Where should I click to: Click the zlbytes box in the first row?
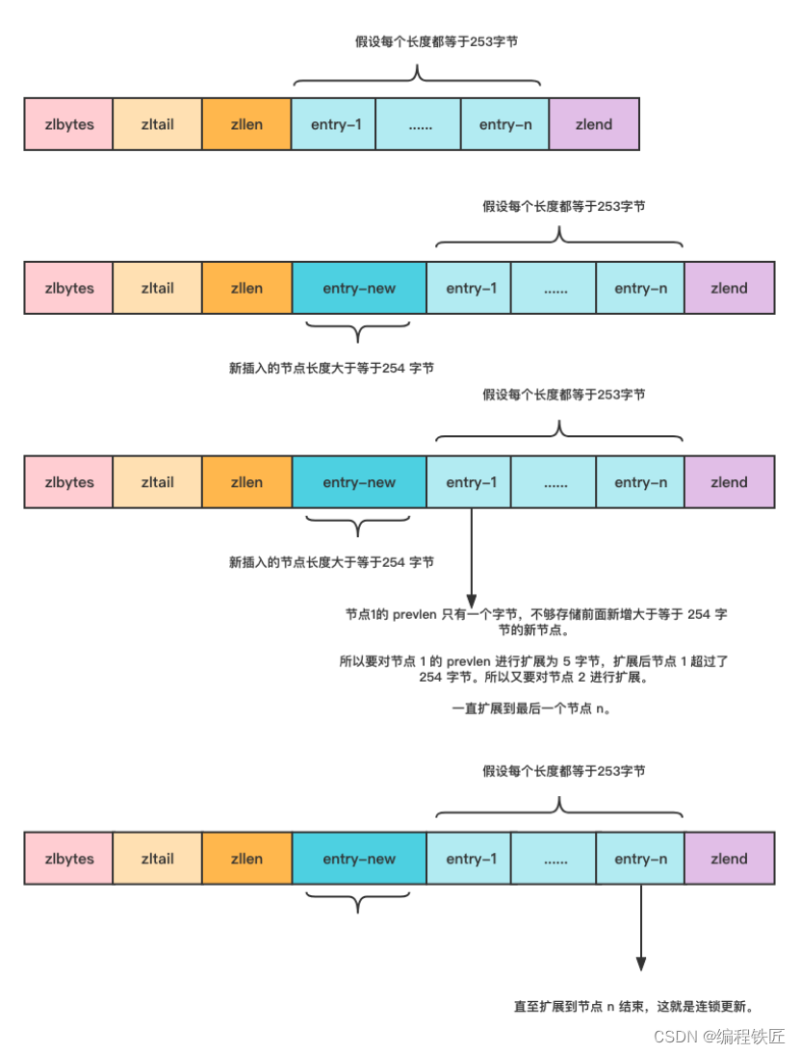[68, 124]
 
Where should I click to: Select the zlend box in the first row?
[594, 124]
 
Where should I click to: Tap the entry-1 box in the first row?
[333, 124]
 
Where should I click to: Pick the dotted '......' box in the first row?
[419, 124]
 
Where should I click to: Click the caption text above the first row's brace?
[416, 42]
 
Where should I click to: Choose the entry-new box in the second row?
[359, 288]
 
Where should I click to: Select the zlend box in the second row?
[729, 288]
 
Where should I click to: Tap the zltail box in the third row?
[157, 482]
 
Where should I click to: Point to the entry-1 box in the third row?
[472, 482]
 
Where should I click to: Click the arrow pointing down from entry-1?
[472, 558]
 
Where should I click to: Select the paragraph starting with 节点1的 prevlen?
[536, 621]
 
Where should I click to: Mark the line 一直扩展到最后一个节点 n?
[530, 709]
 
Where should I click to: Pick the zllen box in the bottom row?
[246, 859]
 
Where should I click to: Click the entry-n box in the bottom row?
[640, 859]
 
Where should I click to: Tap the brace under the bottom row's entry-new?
[357, 903]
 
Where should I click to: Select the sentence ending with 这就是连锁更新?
[632, 1007]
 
